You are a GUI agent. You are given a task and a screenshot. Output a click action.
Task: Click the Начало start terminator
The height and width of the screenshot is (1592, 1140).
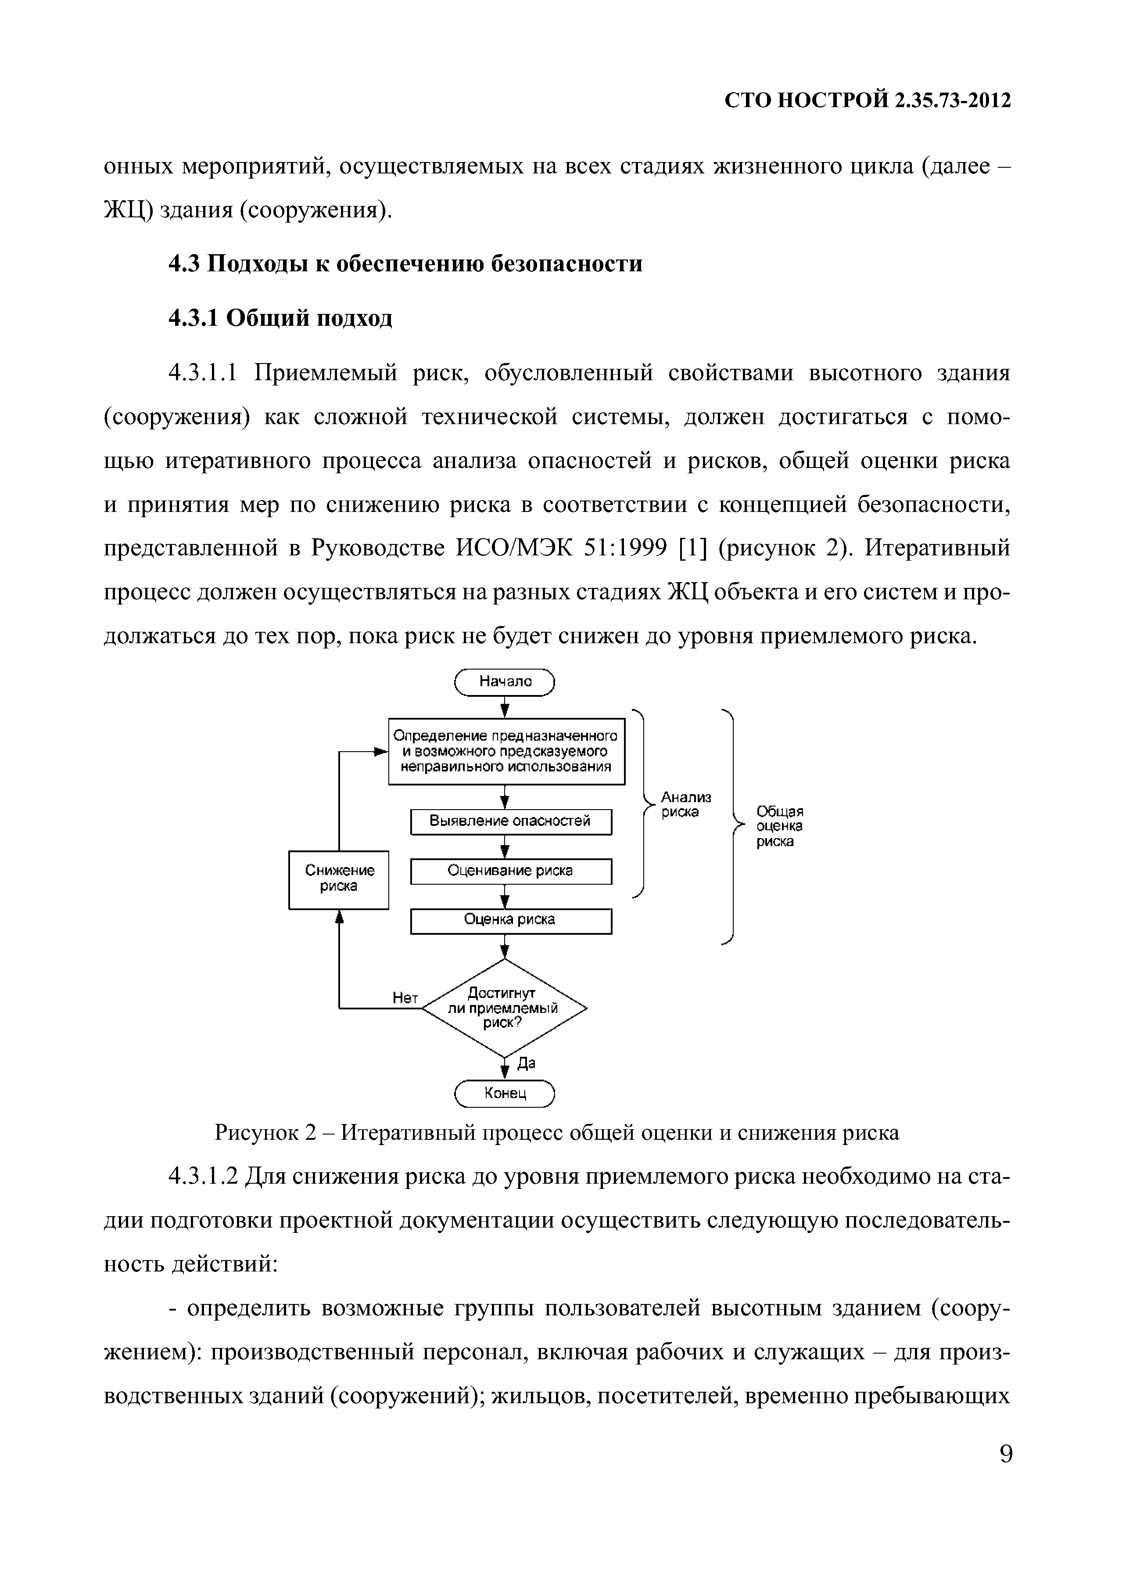[505, 681]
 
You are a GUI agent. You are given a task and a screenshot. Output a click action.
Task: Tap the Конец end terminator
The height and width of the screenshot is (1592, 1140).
[505, 1093]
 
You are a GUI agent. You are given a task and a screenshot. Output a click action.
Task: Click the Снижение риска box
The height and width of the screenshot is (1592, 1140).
[339, 879]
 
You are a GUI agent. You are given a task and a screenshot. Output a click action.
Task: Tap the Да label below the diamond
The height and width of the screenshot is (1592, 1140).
[526, 1063]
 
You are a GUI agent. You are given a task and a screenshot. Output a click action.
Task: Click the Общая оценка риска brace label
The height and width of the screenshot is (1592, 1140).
[779, 826]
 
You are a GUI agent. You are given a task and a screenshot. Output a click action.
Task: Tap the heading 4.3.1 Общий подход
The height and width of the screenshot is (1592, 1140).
[281, 318]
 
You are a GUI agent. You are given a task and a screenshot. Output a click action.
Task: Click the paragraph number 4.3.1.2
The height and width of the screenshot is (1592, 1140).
[204, 1177]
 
